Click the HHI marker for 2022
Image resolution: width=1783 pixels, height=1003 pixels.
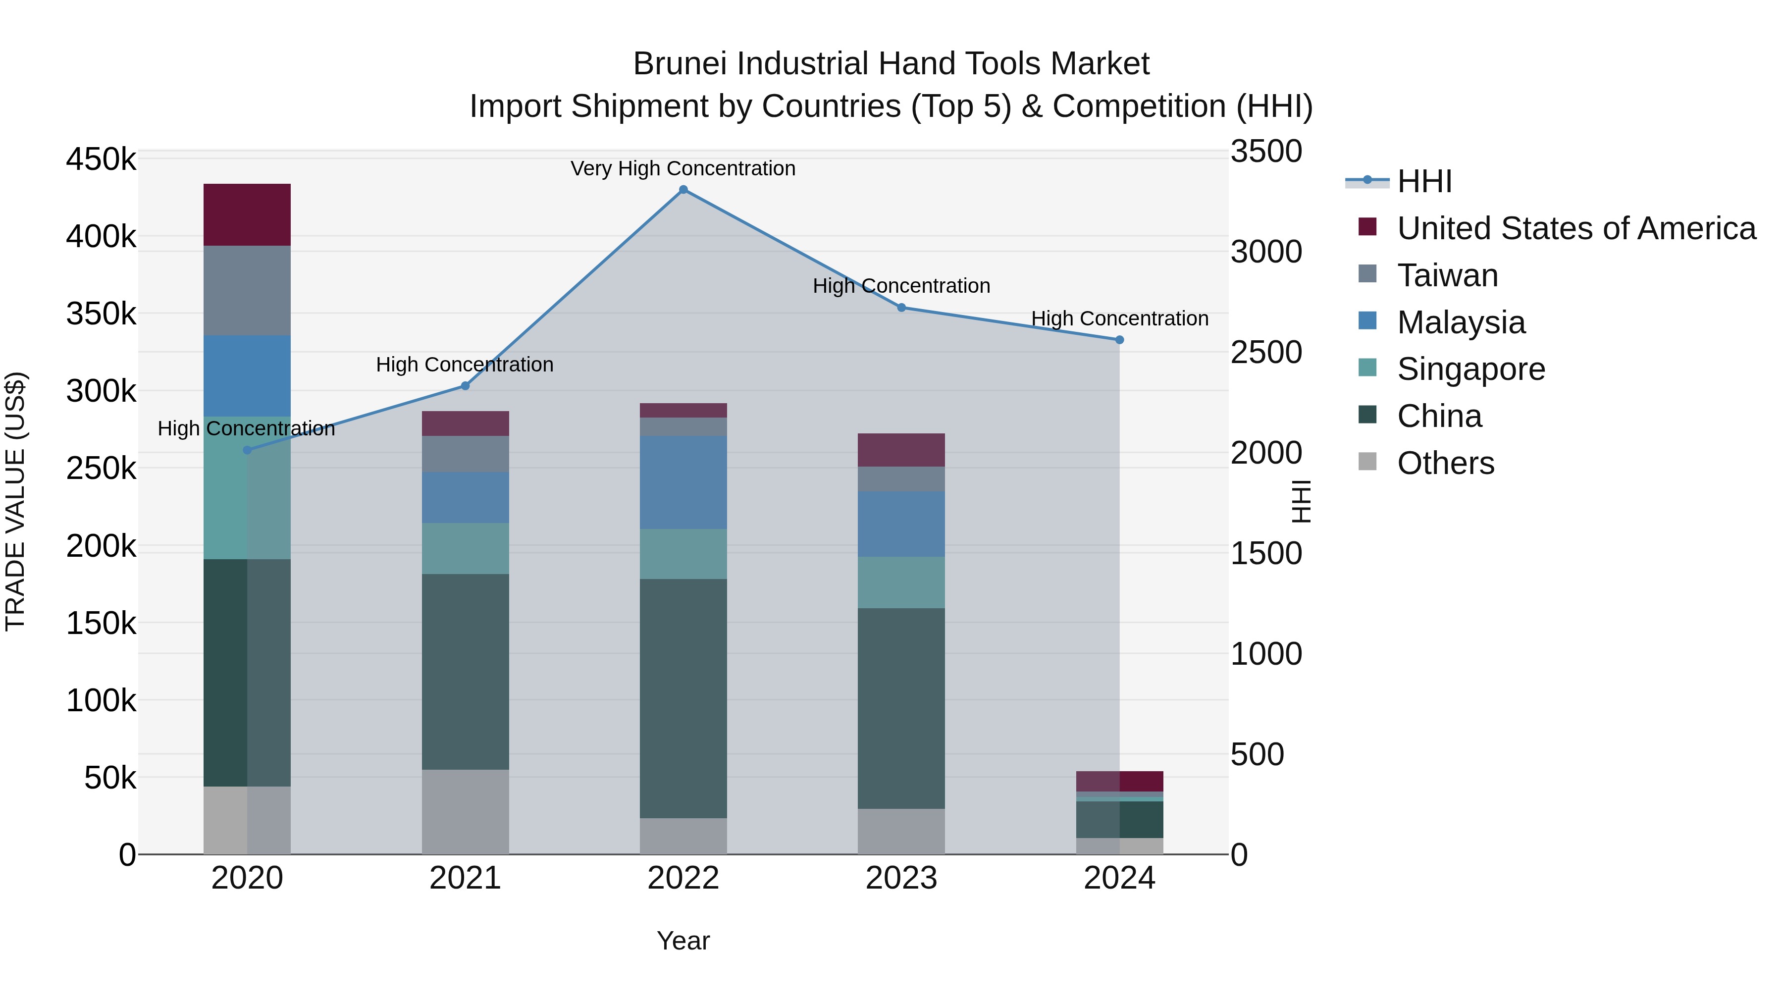[x=683, y=190]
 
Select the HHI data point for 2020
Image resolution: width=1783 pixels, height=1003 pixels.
[x=247, y=450]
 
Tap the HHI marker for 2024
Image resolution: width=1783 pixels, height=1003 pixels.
[x=1119, y=340]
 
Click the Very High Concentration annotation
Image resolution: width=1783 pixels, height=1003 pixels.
[x=682, y=168]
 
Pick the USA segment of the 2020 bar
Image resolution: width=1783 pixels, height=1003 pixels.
[x=247, y=214]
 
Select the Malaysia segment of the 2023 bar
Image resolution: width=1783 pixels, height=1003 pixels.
[x=901, y=524]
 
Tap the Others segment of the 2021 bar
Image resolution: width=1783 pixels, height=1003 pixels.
[x=465, y=811]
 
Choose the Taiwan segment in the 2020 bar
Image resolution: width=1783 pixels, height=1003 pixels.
[x=247, y=291]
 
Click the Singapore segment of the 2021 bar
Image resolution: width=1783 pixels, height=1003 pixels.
[x=465, y=548]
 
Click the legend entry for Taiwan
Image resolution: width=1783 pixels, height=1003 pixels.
[x=1447, y=275]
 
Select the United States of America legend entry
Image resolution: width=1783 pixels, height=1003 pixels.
[x=1575, y=228]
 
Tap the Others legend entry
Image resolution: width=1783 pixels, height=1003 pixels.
[x=1445, y=463]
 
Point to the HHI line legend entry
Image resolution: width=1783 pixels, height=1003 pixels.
[x=1424, y=181]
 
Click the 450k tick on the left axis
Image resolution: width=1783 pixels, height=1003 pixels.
[x=101, y=159]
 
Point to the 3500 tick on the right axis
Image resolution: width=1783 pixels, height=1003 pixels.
[x=1266, y=152]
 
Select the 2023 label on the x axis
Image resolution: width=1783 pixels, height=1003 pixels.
[x=901, y=878]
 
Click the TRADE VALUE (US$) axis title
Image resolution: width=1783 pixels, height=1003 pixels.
[x=16, y=501]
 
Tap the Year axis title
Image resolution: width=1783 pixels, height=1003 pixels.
[x=683, y=941]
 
